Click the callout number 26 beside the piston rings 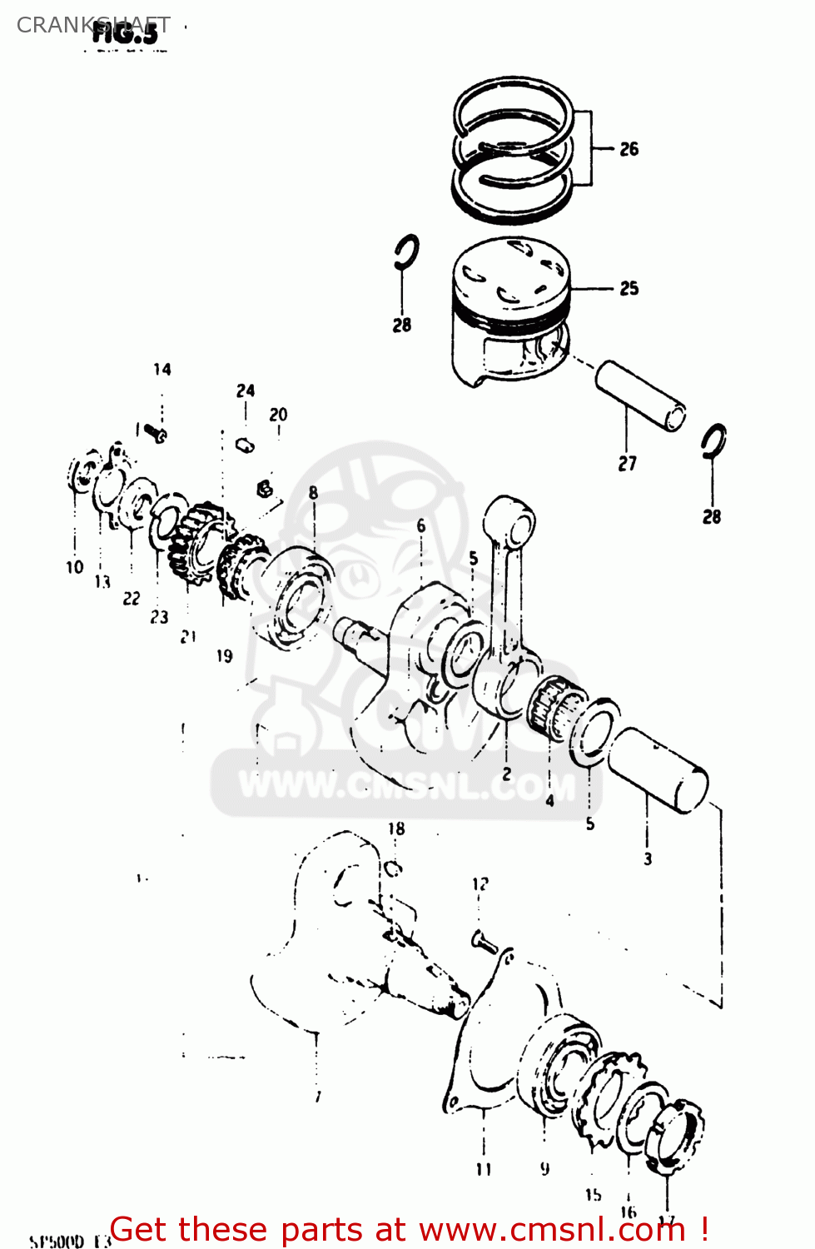(x=629, y=149)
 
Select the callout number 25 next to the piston (x=629, y=288)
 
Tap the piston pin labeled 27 (x=640, y=396)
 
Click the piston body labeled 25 (x=509, y=312)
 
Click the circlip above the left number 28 (x=407, y=251)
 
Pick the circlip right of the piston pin (x=713, y=441)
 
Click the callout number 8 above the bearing (x=313, y=492)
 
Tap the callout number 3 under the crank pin (x=648, y=858)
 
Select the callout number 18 (x=396, y=829)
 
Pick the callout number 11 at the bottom (x=484, y=1169)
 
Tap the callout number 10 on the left (x=75, y=567)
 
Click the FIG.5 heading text (x=125, y=34)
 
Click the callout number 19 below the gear (x=224, y=656)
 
